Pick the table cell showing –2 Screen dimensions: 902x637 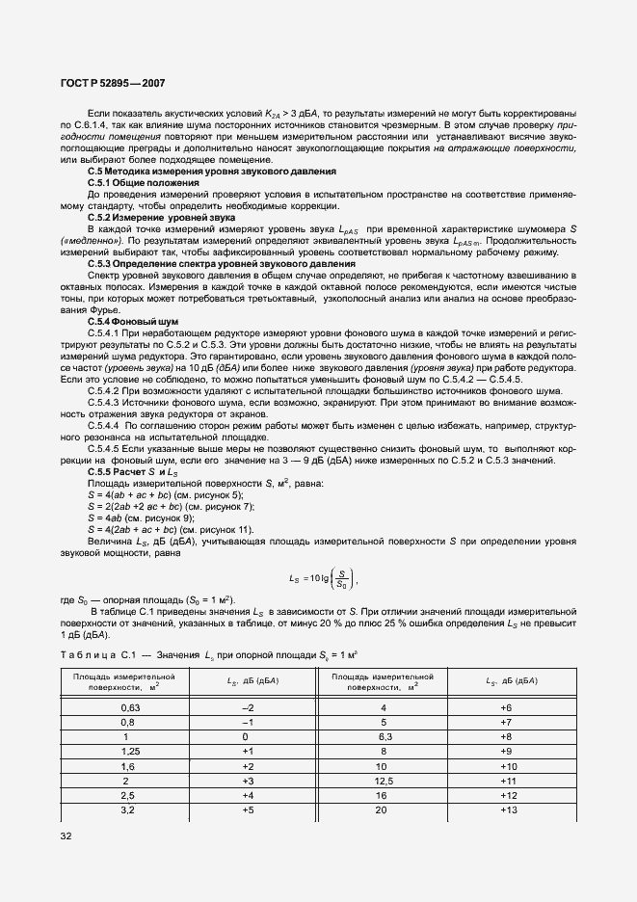tap(247, 706)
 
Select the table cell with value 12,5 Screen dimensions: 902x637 tap(384, 780)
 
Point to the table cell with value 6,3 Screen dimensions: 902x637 tap(384, 735)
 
